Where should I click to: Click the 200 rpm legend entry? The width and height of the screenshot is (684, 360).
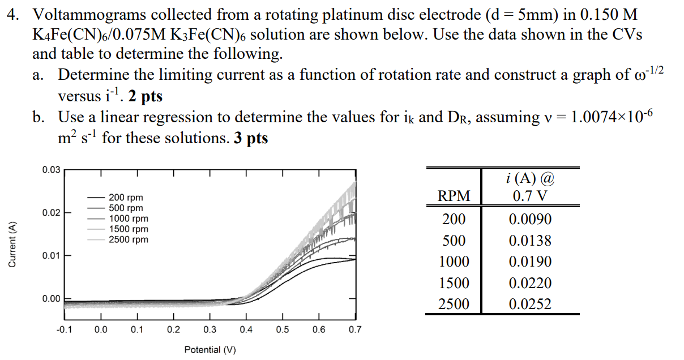click(x=126, y=198)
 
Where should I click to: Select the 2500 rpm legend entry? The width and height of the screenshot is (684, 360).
click(x=129, y=239)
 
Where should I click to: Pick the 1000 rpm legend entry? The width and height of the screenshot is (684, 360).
click(x=129, y=218)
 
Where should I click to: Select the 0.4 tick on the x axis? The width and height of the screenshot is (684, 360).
click(x=246, y=329)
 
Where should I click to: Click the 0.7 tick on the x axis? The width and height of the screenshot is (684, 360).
click(x=355, y=329)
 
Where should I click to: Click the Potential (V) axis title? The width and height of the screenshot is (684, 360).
click(x=210, y=350)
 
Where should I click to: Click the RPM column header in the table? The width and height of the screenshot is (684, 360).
click(x=455, y=196)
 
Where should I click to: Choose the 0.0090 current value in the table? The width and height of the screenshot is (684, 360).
click(x=530, y=220)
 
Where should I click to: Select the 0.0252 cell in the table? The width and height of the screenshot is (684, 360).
click(x=530, y=305)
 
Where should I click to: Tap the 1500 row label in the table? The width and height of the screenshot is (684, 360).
click(x=454, y=283)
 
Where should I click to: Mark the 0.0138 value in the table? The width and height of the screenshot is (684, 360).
click(x=530, y=241)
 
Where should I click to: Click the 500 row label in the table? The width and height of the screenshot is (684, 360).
click(x=454, y=241)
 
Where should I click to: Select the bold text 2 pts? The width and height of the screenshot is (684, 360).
click(x=145, y=96)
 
